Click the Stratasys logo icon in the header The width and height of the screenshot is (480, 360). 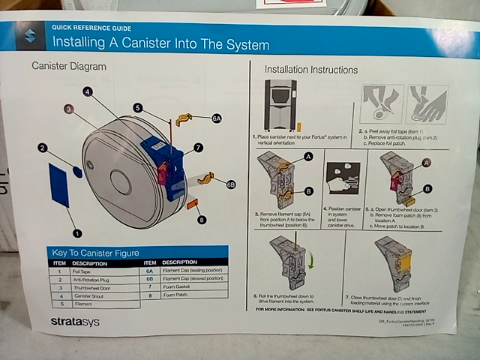pyautogui.click(x=31, y=37)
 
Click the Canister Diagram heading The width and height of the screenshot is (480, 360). pyautogui.click(x=68, y=66)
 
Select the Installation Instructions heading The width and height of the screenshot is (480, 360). pyautogui.click(x=310, y=70)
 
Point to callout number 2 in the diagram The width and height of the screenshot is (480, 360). pyautogui.click(x=43, y=148)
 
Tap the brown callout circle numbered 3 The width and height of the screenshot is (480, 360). pyautogui.click(x=68, y=109)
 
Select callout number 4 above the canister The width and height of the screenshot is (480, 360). pyautogui.click(x=88, y=91)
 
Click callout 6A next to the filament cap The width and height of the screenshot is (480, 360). pyautogui.click(x=216, y=118)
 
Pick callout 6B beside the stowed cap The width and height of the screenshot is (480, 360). pyautogui.click(x=230, y=183)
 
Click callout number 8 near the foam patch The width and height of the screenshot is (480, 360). pyautogui.click(x=201, y=220)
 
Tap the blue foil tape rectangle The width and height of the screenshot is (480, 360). pyautogui.click(x=59, y=184)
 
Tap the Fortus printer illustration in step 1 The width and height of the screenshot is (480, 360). pyautogui.click(x=281, y=105)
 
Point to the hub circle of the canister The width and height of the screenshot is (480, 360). pyautogui.click(x=120, y=181)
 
